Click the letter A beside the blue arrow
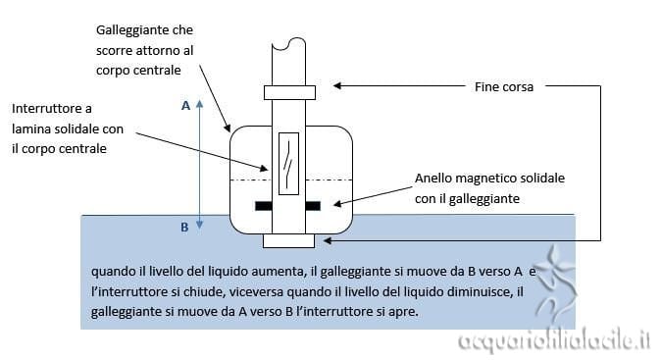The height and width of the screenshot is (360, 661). click(x=185, y=106)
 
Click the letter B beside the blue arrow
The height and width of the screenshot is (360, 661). click(x=184, y=228)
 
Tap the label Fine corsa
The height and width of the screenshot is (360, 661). click(x=504, y=87)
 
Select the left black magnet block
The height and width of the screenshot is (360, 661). click(x=264, y=206)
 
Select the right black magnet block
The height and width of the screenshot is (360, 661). click(x=313, y=206)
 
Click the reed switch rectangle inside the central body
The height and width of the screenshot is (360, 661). click(x=288, y=164)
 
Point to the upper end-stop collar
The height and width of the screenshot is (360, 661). click(x=289, y=93)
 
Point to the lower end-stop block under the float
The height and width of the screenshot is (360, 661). click(x=288, y=240)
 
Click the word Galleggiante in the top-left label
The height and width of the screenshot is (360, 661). click(x=127, y=30)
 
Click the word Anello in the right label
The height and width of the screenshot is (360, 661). click(x=432, y=179)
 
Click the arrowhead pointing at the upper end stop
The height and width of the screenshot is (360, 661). click(x=336, y=85)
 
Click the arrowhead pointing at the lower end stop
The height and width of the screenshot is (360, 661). click(x=328, y=240)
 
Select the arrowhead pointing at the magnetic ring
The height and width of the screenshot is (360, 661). click(x=337, y=204)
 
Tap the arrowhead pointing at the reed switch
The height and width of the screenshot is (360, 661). click(x=265, y=168)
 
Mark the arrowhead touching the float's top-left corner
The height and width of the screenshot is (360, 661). click(x=229, y=128)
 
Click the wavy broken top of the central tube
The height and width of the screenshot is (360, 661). click(x=288, y=42)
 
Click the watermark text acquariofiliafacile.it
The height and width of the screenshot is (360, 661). click(x=554, y=340)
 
